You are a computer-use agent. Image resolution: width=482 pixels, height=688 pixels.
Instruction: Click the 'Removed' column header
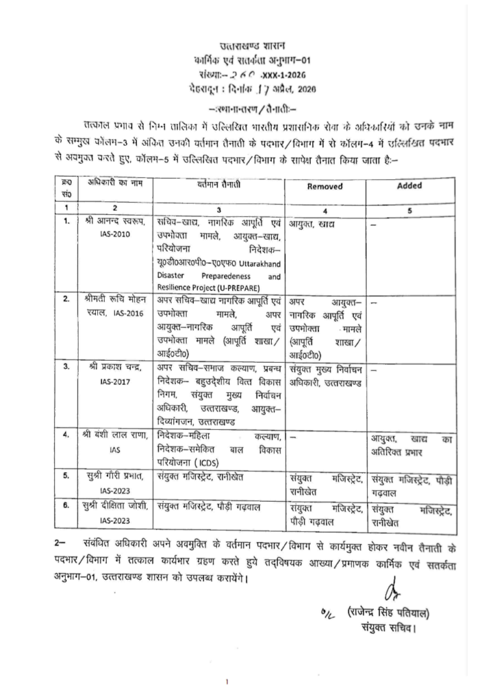[324, 187]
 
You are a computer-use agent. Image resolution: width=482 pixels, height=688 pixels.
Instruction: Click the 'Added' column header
[408, 186]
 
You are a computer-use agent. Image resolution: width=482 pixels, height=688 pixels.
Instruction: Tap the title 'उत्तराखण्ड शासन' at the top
[252, 46]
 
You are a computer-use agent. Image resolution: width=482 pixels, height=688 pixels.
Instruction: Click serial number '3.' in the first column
[66, 367]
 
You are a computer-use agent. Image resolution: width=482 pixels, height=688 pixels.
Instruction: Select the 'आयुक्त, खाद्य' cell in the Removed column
[312, 222]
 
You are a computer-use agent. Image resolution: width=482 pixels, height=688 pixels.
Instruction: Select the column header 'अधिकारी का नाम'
[111, 183]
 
